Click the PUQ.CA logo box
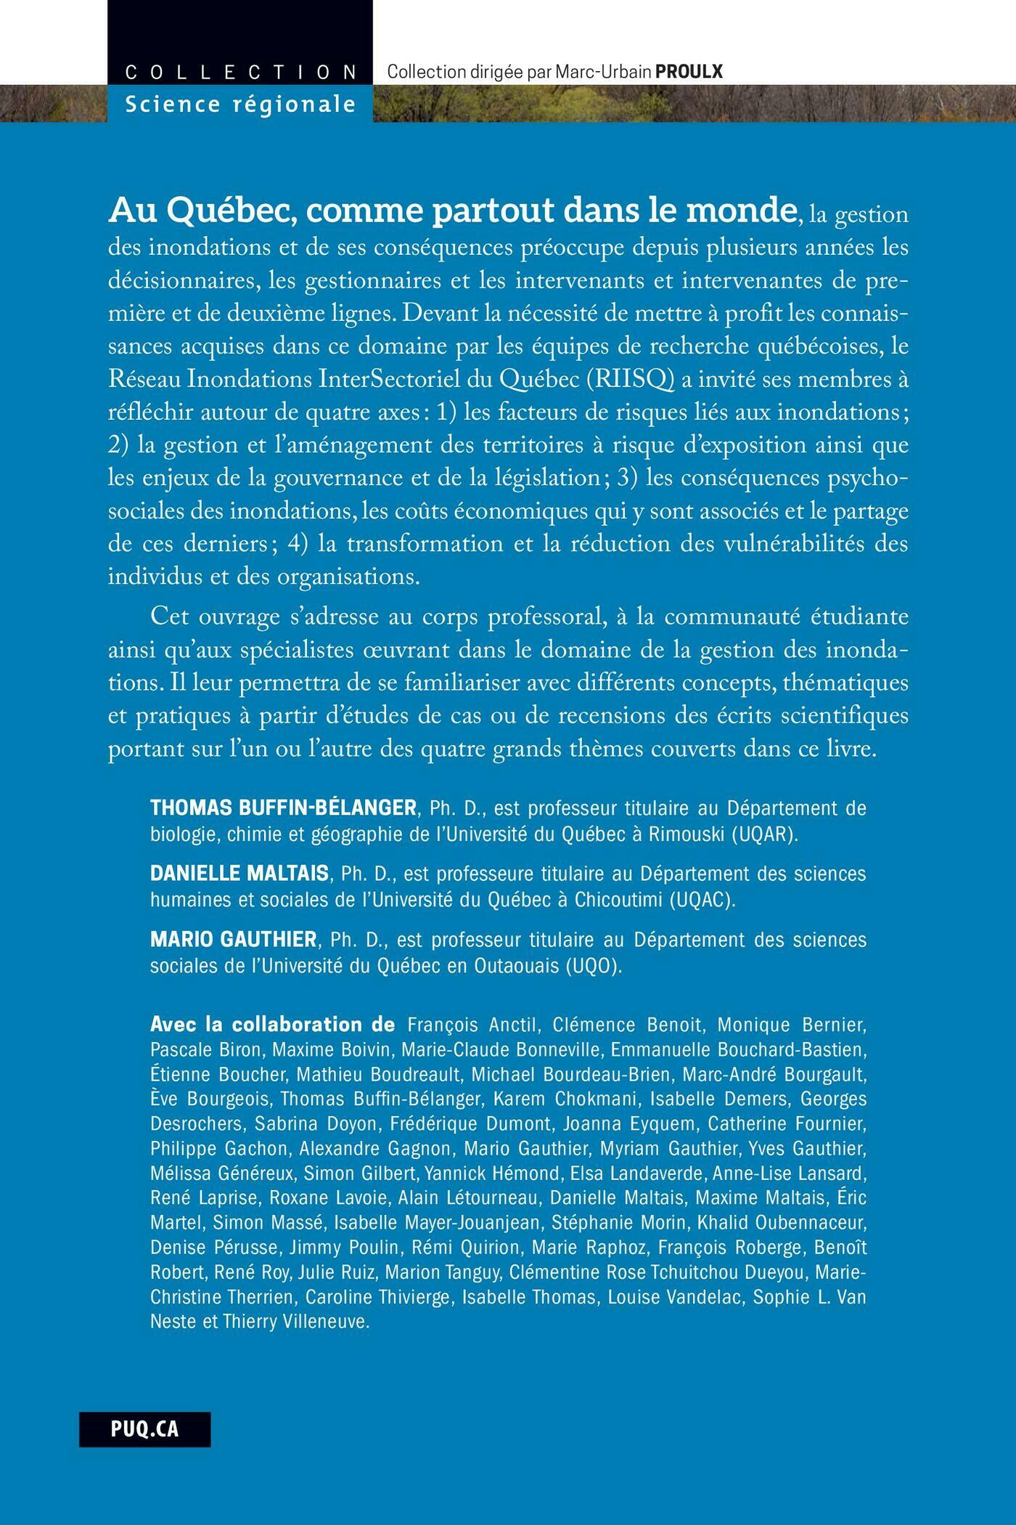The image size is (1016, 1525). coord(145,1429)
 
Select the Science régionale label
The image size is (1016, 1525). coord(240,105)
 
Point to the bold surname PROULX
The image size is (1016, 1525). coord(689,71)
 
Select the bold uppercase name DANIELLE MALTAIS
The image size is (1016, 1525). coord(239,873)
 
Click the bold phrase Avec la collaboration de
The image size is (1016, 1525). coord(273,1025)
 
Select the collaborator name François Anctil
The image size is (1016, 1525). coord(472,1025)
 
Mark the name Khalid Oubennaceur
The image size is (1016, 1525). coord(782,1222)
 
